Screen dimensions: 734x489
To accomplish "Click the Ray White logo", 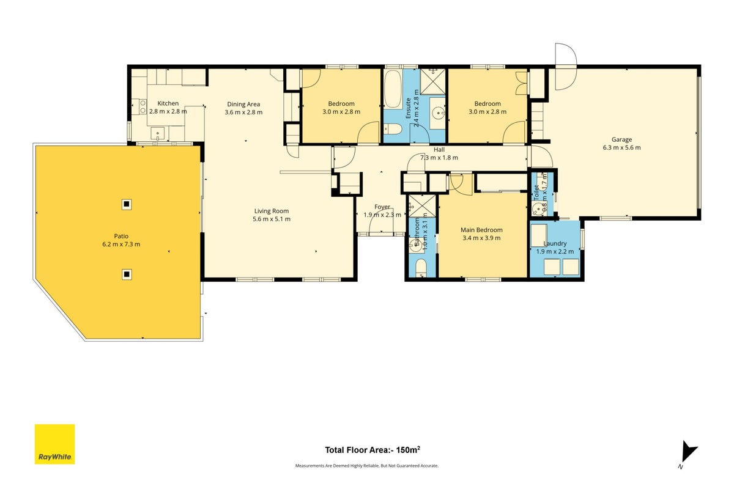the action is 54,444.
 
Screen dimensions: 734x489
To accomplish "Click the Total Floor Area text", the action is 373,450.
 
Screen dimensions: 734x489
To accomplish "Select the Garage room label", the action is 621,139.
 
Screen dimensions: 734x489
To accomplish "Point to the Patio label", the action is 121,236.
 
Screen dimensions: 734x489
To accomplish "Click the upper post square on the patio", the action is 127,204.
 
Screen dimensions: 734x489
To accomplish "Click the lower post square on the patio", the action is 127,274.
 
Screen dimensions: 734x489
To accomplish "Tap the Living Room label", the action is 272,211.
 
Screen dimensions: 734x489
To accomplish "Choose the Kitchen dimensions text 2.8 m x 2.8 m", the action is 168,111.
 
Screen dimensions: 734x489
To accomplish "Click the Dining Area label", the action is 243,105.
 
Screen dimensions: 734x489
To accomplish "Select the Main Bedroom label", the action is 481,230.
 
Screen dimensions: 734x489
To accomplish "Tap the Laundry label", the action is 555,244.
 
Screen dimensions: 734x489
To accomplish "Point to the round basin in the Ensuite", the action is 438,114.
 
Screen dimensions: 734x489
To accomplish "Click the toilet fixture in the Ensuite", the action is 393,130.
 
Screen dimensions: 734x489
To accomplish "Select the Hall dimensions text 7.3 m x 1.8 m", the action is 439,158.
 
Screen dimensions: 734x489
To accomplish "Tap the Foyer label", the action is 382,207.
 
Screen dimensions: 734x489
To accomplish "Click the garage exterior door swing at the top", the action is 566,67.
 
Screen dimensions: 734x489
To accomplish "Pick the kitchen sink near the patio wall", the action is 158,133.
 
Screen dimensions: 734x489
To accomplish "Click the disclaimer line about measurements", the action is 366,465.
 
